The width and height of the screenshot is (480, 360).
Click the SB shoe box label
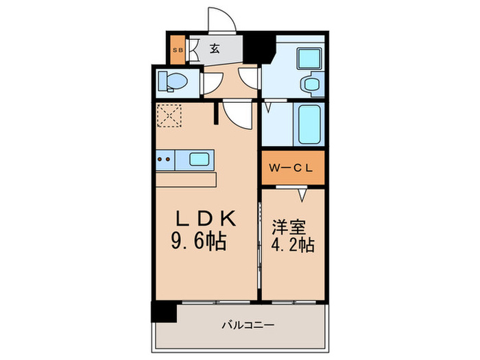tap(178, 49)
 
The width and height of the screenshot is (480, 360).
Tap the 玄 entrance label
tap(214, 49)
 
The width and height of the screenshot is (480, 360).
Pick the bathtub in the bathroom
tap(310, 123)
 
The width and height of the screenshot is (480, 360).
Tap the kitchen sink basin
tap(200, 160)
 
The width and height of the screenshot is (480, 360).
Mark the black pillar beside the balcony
tap(165, 311)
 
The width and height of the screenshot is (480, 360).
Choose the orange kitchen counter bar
tap(186, 179)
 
